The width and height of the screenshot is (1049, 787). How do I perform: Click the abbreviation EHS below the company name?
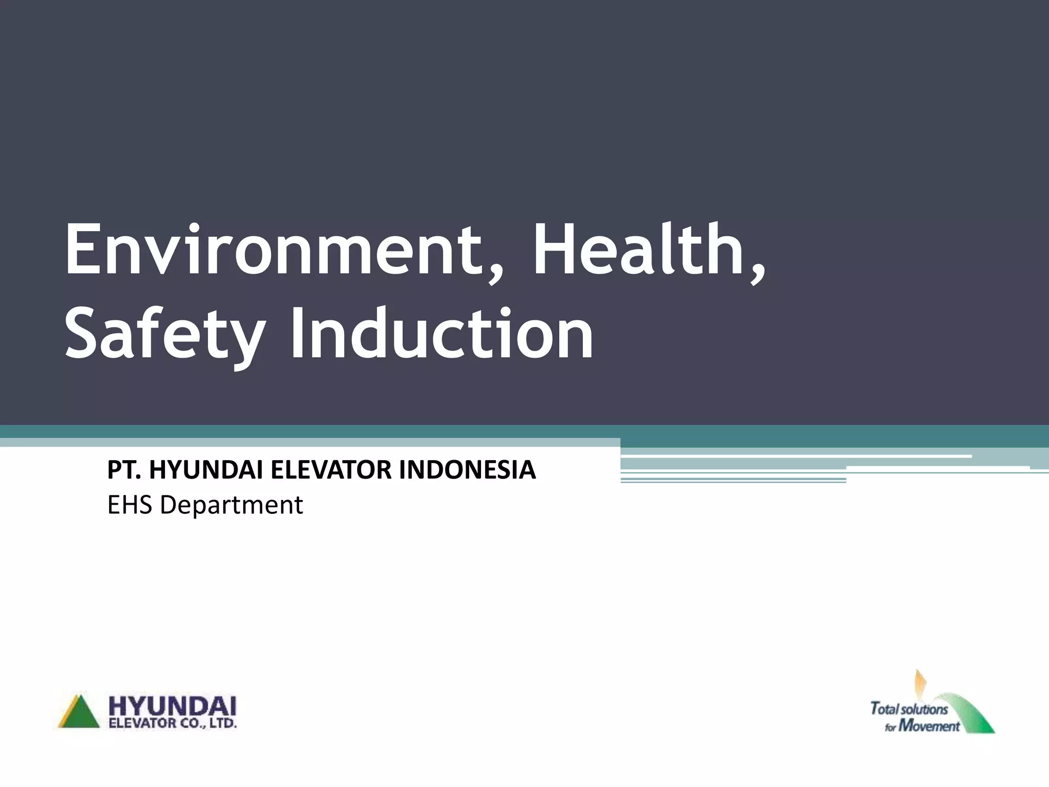click(130, 505)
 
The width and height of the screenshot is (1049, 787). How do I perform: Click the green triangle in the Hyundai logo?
click(80, 713)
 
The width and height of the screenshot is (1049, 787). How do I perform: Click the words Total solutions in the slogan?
click(909, 709)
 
